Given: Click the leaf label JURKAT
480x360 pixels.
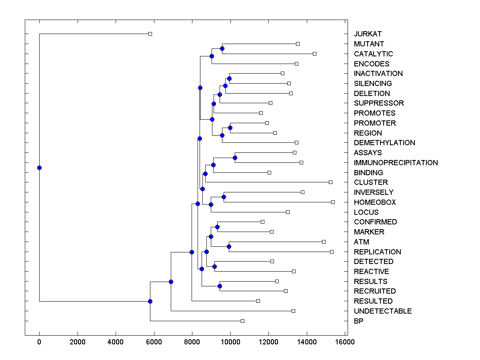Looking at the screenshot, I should (x=368, y=34).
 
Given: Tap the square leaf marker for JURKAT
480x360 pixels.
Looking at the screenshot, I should (x=150, y=34).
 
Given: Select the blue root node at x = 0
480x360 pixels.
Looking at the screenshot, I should (x=39, y=168).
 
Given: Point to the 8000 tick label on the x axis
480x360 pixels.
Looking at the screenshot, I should (x=192, y=342).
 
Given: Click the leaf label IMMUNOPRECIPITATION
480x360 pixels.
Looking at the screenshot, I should (x=396, y=163).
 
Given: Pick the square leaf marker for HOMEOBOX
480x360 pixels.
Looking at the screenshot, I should (x=333, y=202).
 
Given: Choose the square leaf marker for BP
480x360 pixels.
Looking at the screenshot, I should (x=242, y=321).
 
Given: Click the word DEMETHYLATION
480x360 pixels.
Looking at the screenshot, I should (x=384, y=143).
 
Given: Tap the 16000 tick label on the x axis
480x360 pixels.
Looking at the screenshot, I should (x=345, y=342).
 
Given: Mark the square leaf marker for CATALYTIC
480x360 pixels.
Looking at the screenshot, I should (x=314, y=54).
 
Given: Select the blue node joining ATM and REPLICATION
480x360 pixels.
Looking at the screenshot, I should (x=229, y=246).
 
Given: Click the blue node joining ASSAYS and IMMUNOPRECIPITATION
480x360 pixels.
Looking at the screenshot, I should (x=235, y=158).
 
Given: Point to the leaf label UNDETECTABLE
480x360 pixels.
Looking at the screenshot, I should (x=383, y=311).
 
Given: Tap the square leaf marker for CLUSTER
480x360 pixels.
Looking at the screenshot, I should (x=330, y=182).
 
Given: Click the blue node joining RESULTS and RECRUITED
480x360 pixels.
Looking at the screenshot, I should (x=220, y=286).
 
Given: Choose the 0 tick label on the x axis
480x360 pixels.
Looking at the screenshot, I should (x=39, y=342).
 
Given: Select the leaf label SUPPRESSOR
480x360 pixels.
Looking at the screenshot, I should (x=379, y=103).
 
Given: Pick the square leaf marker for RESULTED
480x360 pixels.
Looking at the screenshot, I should (x=258, y=301).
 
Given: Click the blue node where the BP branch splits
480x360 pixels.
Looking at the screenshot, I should (x=150, y=301).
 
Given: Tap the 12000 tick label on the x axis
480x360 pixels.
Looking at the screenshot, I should (x=268, y=342).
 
